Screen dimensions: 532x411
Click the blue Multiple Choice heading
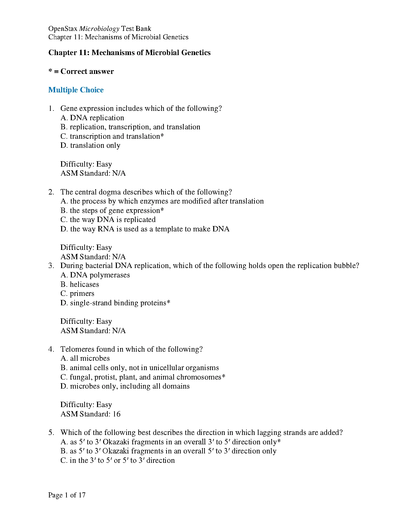(76, 90)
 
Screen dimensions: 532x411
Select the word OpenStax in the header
(63, 29)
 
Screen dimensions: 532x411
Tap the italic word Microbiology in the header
(99, 29)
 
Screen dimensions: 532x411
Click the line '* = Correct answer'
(81, 72)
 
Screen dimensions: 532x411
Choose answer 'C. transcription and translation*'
(112, 136)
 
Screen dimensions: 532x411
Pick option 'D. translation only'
(90, 145)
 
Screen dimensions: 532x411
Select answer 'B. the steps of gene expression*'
(112, 211)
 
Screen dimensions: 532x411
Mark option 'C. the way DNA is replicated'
(108, 220)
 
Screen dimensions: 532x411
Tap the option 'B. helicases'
(80, 284)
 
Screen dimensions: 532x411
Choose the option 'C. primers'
(78, 294)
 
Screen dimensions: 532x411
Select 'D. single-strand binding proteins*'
(116, 303)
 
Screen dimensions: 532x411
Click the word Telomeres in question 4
(77, 349)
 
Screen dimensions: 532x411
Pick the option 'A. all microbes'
(85, 358)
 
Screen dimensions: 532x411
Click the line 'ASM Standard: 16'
(90, 414)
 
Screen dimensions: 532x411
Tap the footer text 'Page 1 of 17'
(67, 495)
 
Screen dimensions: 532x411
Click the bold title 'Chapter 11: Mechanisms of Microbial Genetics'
(130, 53)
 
